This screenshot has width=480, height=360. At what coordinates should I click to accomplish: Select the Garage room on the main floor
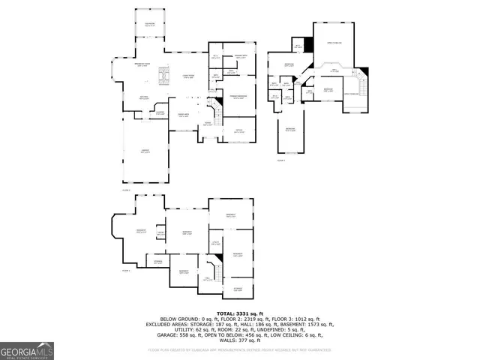(x=143, y=153)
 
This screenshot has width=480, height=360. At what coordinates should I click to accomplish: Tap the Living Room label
(x=187, y=76)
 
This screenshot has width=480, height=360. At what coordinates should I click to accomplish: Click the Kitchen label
(x=143, y=97)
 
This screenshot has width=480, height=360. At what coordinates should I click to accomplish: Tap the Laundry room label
(x=160, y=112)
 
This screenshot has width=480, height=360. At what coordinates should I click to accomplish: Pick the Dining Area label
(x=182, y=115)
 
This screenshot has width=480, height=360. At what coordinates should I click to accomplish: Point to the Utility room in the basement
(x=214, y=243)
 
